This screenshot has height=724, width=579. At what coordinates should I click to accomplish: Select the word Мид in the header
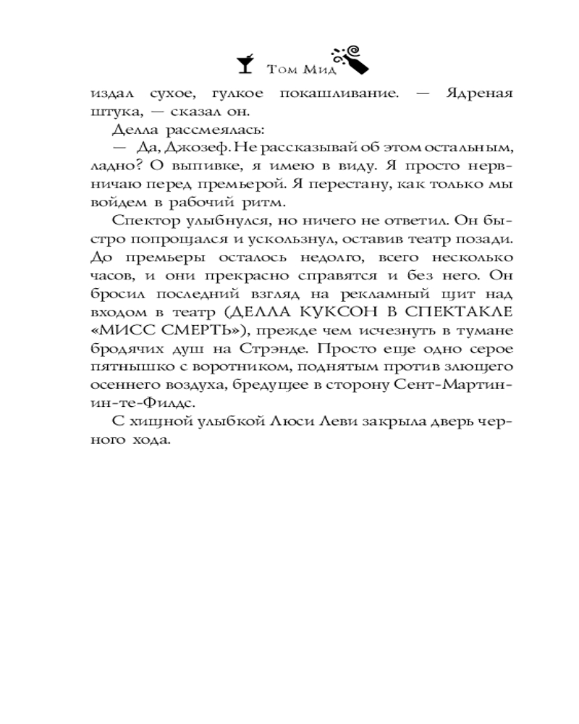tap(316, 70)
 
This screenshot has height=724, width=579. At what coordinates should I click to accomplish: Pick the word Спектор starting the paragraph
tap(141, 220)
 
